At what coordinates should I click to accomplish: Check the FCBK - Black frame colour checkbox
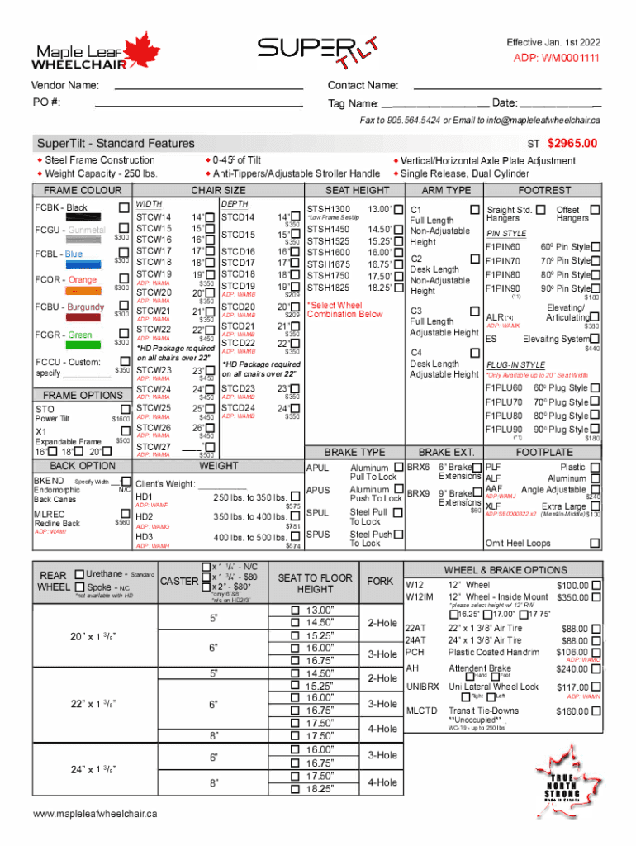click(x=124, y=207)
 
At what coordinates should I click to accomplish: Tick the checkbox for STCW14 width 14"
click(x=209, y=217)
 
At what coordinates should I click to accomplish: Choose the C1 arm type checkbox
click(x=474, y=210)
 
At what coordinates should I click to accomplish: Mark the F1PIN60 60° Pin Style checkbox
click(x=596, y=247)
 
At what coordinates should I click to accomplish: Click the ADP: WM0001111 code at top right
click(x=557, y=59)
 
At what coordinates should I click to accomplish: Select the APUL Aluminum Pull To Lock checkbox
click(x=399, y=468)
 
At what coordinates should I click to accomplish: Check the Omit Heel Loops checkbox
click(x=596, y=544)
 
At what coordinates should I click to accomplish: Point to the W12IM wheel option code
click(x=419, y=597)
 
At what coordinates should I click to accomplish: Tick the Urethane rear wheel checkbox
click(x=78, y=574)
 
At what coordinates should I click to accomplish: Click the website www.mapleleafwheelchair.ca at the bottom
click(x=94, y=814)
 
